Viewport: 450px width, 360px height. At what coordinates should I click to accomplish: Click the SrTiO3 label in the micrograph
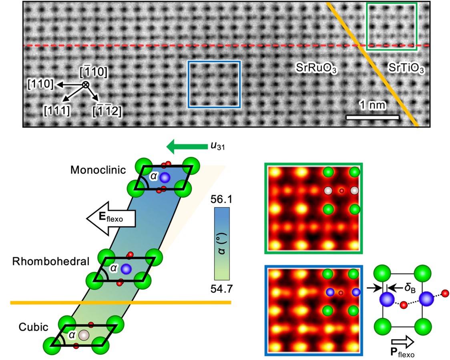[x=406, y=68]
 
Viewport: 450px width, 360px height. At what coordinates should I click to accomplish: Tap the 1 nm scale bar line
[x=372, y=117]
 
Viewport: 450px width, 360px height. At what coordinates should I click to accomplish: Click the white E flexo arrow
[x=111, y=218]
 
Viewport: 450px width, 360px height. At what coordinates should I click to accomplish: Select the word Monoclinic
[x=98, y=170]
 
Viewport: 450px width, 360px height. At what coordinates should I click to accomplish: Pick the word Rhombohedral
[x=50, y=262]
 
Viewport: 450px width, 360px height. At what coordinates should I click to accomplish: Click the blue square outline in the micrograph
[x=189, y=84]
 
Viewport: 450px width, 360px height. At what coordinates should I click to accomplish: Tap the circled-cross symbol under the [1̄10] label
[x=85, y=84]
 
